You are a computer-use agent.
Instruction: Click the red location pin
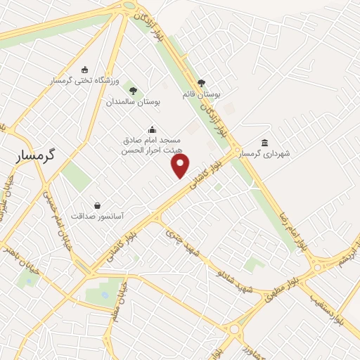181,166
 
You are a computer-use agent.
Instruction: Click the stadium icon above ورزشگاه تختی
85,70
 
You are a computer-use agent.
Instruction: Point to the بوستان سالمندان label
134,102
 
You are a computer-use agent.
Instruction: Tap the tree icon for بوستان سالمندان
133,90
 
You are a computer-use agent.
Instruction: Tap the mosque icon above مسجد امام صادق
151,129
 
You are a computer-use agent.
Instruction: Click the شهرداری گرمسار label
264,153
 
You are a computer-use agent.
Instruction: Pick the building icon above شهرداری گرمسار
264,142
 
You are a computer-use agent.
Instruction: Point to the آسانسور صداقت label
98,217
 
